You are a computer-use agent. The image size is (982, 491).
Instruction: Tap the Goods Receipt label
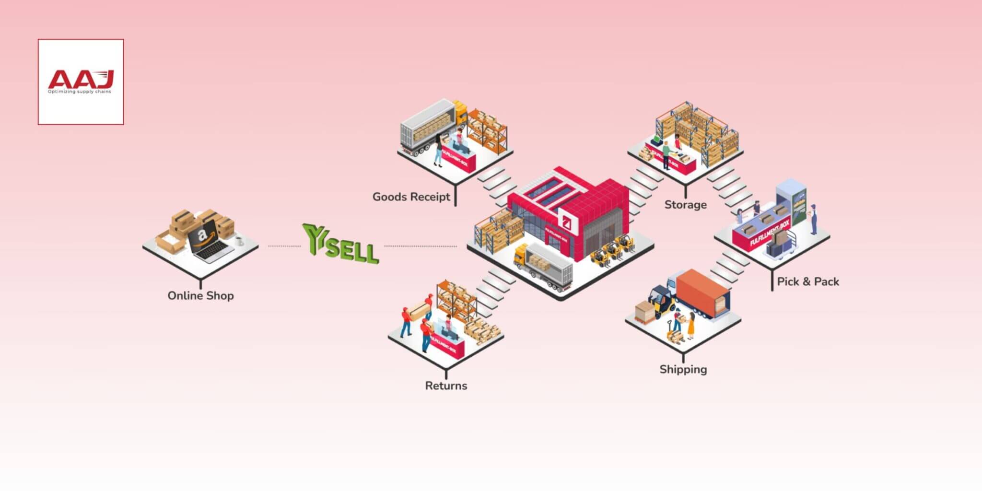[411, 197]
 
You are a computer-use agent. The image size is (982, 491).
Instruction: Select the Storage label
[685, 205]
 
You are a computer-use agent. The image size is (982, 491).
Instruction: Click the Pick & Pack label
[808, 281]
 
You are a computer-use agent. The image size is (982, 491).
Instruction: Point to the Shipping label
[683, 369]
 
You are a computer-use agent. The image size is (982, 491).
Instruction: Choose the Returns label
[446, 386]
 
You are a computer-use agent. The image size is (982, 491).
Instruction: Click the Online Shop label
[200, 295]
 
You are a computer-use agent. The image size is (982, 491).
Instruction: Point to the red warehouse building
[571, 211]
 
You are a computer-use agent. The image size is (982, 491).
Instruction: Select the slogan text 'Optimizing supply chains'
[79, 92]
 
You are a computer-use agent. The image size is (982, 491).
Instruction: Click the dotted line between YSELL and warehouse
[420, 246]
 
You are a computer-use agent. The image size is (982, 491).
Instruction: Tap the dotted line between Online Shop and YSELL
[284, 246]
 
